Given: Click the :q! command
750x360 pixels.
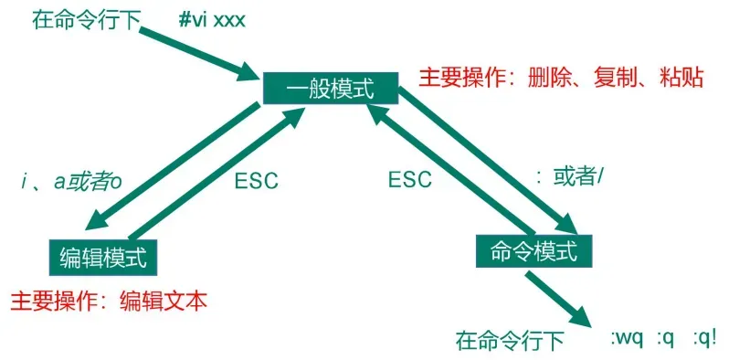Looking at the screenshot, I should pyautogui.click(x=703, y=337).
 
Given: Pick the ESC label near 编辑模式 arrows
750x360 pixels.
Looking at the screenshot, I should pyautogui.click(x=256, y=180).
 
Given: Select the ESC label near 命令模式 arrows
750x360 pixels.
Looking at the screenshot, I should pyautogui.click(x=409, y=180).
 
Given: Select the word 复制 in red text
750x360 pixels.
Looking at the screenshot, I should pyautogui.click(x=616, y=77).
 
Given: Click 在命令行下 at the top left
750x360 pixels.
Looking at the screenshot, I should pyautogui.click(x=84, y=20).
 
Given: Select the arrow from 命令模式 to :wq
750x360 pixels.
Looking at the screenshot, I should pyautogui.click(x=561, y=298).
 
